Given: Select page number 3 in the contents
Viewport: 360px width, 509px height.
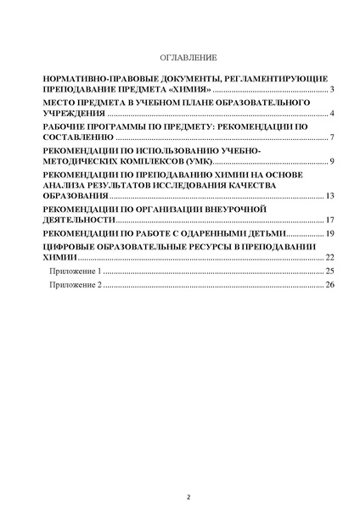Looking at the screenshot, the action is coord(334,88).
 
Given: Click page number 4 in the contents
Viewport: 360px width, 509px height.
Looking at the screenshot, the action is coord(334,113).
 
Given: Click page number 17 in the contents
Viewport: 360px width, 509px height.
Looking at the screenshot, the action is coord(331,220).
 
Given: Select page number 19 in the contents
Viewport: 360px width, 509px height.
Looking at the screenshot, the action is coord(331,232).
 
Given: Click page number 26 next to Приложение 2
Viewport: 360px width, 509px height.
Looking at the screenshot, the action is coord(331,285).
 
